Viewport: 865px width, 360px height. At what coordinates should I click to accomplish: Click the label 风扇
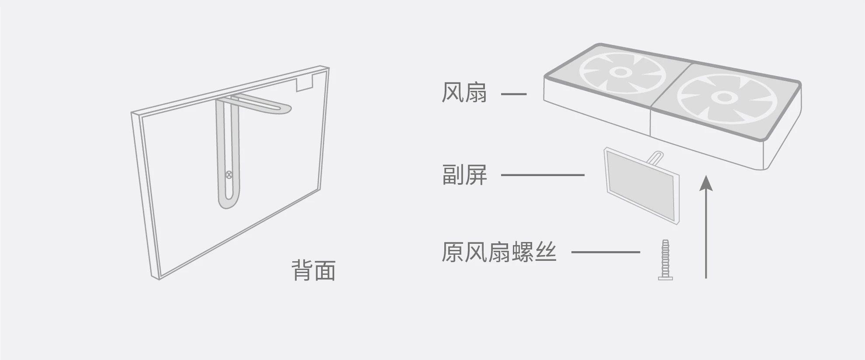pos(464,93)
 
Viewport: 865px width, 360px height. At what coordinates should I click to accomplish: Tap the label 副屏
pos(464,175)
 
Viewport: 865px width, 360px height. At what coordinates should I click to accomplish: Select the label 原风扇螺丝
pos(499,253)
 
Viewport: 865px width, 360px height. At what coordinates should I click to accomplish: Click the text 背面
pos(314,270)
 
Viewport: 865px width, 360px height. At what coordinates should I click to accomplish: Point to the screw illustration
pos(665,260)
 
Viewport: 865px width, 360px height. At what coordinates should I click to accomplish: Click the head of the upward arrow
pos(706,183)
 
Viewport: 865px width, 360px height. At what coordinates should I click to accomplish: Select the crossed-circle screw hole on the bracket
pos(228,175)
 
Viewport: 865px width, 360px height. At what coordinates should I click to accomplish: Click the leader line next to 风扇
pos(513,93)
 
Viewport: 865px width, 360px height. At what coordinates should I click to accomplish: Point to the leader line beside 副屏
pos(542,175)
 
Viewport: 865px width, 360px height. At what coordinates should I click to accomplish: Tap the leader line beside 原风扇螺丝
pos(605,252)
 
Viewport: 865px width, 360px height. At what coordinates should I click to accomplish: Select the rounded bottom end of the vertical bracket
pos(228,203)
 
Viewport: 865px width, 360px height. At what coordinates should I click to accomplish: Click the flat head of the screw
pos(665,277)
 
